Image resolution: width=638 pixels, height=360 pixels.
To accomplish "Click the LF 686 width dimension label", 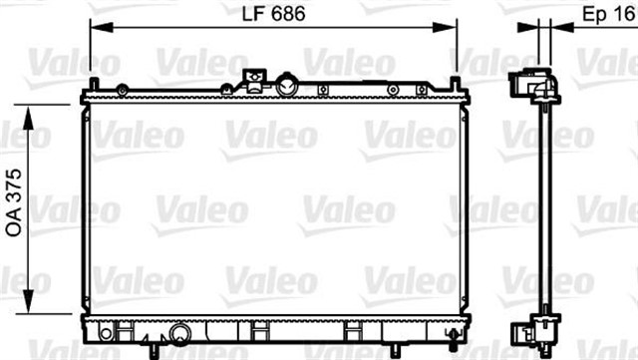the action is (273, 14).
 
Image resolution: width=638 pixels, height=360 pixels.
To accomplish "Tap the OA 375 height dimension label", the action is (14, 202).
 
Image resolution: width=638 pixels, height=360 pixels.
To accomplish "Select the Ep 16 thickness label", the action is (609, 14).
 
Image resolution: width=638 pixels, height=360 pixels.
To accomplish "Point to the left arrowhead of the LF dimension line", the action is (102, 27).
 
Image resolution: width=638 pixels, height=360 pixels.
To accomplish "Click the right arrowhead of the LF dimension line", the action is (446, 27).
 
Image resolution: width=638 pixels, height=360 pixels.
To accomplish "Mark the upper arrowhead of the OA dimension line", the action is (28, 119).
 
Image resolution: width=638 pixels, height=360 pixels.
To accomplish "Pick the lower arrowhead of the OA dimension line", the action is (28, 301).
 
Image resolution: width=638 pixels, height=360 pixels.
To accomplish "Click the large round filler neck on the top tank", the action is (287, 85).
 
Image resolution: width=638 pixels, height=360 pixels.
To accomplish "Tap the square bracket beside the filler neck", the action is (254, 81).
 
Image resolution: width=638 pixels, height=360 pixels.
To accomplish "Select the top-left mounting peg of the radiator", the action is (94, 84).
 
